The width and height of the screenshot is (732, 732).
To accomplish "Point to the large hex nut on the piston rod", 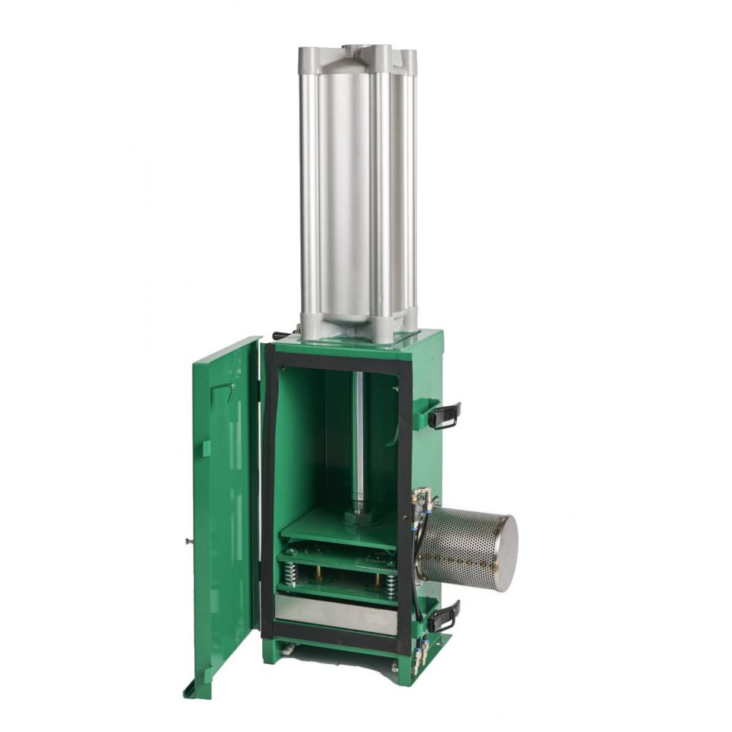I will pos(358,517).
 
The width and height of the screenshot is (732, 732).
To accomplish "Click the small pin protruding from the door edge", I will pos(187,541).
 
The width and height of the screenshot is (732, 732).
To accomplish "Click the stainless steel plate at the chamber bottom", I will pos(336,613).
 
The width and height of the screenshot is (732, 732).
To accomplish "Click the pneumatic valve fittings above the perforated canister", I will pos(422,500).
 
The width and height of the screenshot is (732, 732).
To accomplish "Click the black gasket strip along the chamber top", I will pos(336,362).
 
